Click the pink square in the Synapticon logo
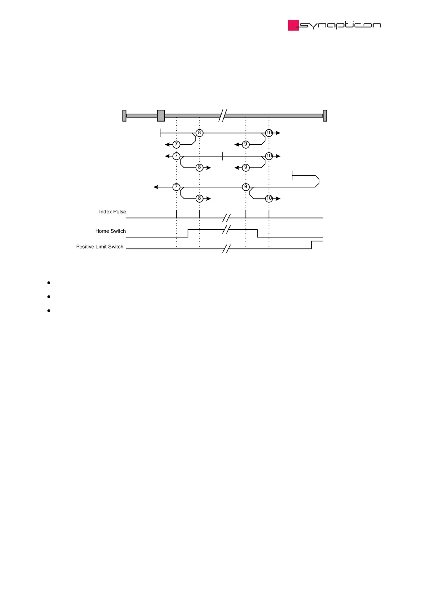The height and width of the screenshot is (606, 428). (x=293, y=25)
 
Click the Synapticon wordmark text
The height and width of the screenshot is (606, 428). (x=340, y=25)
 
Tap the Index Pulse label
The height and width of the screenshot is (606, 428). (x=113, y=212)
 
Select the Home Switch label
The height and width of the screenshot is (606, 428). (x=110, y=231)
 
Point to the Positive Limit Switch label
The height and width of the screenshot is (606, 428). (x=100, y=247)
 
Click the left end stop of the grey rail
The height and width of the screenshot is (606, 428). (x=124, y=116)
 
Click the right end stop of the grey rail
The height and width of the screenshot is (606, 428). (x=325, y=116)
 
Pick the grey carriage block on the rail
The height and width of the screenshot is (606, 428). (x=161, y=116)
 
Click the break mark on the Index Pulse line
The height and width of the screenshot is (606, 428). (x=226, y=218)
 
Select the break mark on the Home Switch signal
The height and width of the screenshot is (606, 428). (x=226, y=230)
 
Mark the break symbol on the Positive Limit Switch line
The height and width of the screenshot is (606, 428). (x=226, y=249)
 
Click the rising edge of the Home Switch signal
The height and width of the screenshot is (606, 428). (x=188, y=233)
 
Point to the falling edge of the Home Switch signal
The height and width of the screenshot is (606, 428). (x=258, y=233)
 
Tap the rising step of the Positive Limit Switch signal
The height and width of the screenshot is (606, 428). (x=311, y=245)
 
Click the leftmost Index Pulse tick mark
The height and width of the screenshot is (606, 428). (x=176, y=214)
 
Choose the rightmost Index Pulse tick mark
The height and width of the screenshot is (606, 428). (x=269, y=214)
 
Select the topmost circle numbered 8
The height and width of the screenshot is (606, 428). (x=199, y=133)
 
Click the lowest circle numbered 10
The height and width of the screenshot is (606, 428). (x=269, y=198)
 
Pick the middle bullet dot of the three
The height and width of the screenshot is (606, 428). (x=49, y=297)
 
